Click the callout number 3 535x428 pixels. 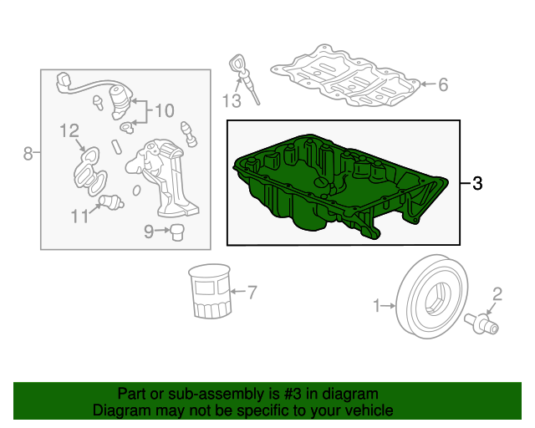(x=477, y=183)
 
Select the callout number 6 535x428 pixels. (x=443, y=84)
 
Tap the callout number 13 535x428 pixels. (x=232, y=101)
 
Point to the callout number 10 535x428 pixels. (x=165, y=110)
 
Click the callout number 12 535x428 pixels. (x=69, y=130)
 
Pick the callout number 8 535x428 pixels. (x=28, y=153)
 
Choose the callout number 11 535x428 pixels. (x=79, y=216)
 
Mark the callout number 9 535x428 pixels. (x=149, y=232)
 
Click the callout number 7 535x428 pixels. (x=252, y=293)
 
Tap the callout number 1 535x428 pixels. (x=377, y=305)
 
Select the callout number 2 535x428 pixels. (x=497, y=294)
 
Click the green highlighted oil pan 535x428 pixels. (x=340, y=186)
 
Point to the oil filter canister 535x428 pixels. (x=210, y=291)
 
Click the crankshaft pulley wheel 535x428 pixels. (x=433, y=296)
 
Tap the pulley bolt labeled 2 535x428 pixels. (x=481, y=324)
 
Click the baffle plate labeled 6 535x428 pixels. (x=345, y=75)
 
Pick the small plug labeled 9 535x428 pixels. (x=177, y=232)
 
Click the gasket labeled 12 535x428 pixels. (x=89, y=171)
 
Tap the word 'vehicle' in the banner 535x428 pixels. (x=371, y=410)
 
